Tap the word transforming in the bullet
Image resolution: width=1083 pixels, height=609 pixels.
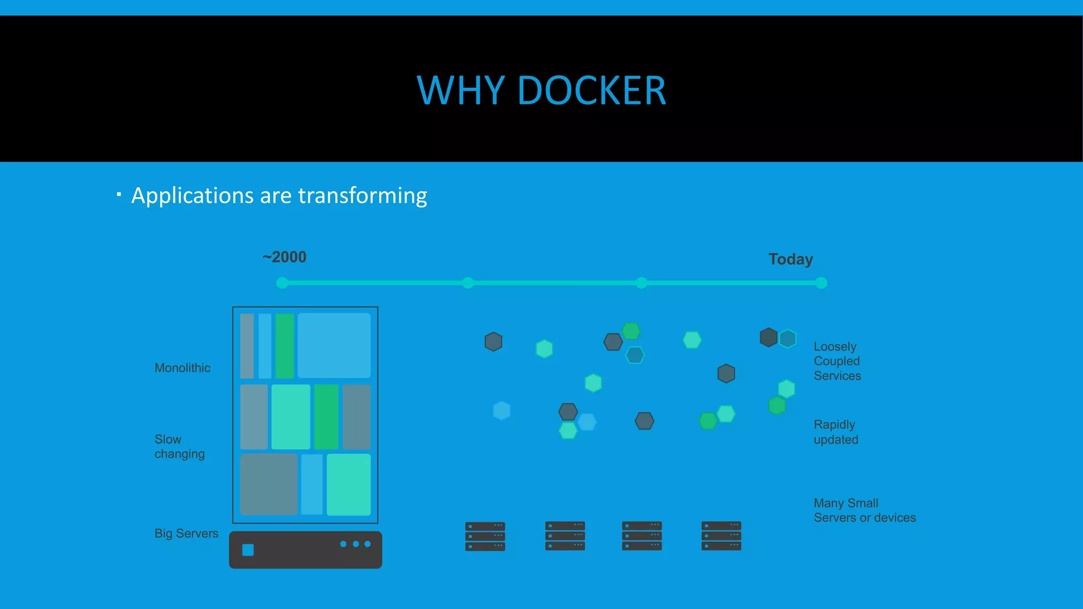(362, 196)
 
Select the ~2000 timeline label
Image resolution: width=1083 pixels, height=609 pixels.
(284, 257)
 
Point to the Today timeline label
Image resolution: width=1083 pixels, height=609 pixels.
(791, 259)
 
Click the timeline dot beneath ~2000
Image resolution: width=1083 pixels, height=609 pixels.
(282, 283)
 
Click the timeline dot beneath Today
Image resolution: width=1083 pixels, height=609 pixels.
(821, 283)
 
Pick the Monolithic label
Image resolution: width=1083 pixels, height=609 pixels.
(182, 368)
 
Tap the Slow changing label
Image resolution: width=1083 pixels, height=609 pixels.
(179, 447)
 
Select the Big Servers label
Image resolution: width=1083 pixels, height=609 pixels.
(186, 533)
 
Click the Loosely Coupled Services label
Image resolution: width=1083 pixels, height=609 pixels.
(837, 361)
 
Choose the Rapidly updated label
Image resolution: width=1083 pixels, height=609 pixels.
(836, 432)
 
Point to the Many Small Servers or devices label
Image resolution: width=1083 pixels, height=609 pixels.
(864, 510)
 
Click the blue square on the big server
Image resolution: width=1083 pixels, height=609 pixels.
(248, 550)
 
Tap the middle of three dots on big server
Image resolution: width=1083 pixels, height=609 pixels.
(356, 544)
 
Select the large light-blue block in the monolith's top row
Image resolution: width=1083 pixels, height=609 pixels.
(334, 345)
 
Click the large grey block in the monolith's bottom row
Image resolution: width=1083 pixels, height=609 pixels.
(269, 484)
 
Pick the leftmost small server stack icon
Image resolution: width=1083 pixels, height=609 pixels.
(485, 536)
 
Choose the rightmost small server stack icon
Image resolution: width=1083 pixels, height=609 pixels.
(721, 536)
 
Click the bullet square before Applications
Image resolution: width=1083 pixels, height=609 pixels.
(119, 195)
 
